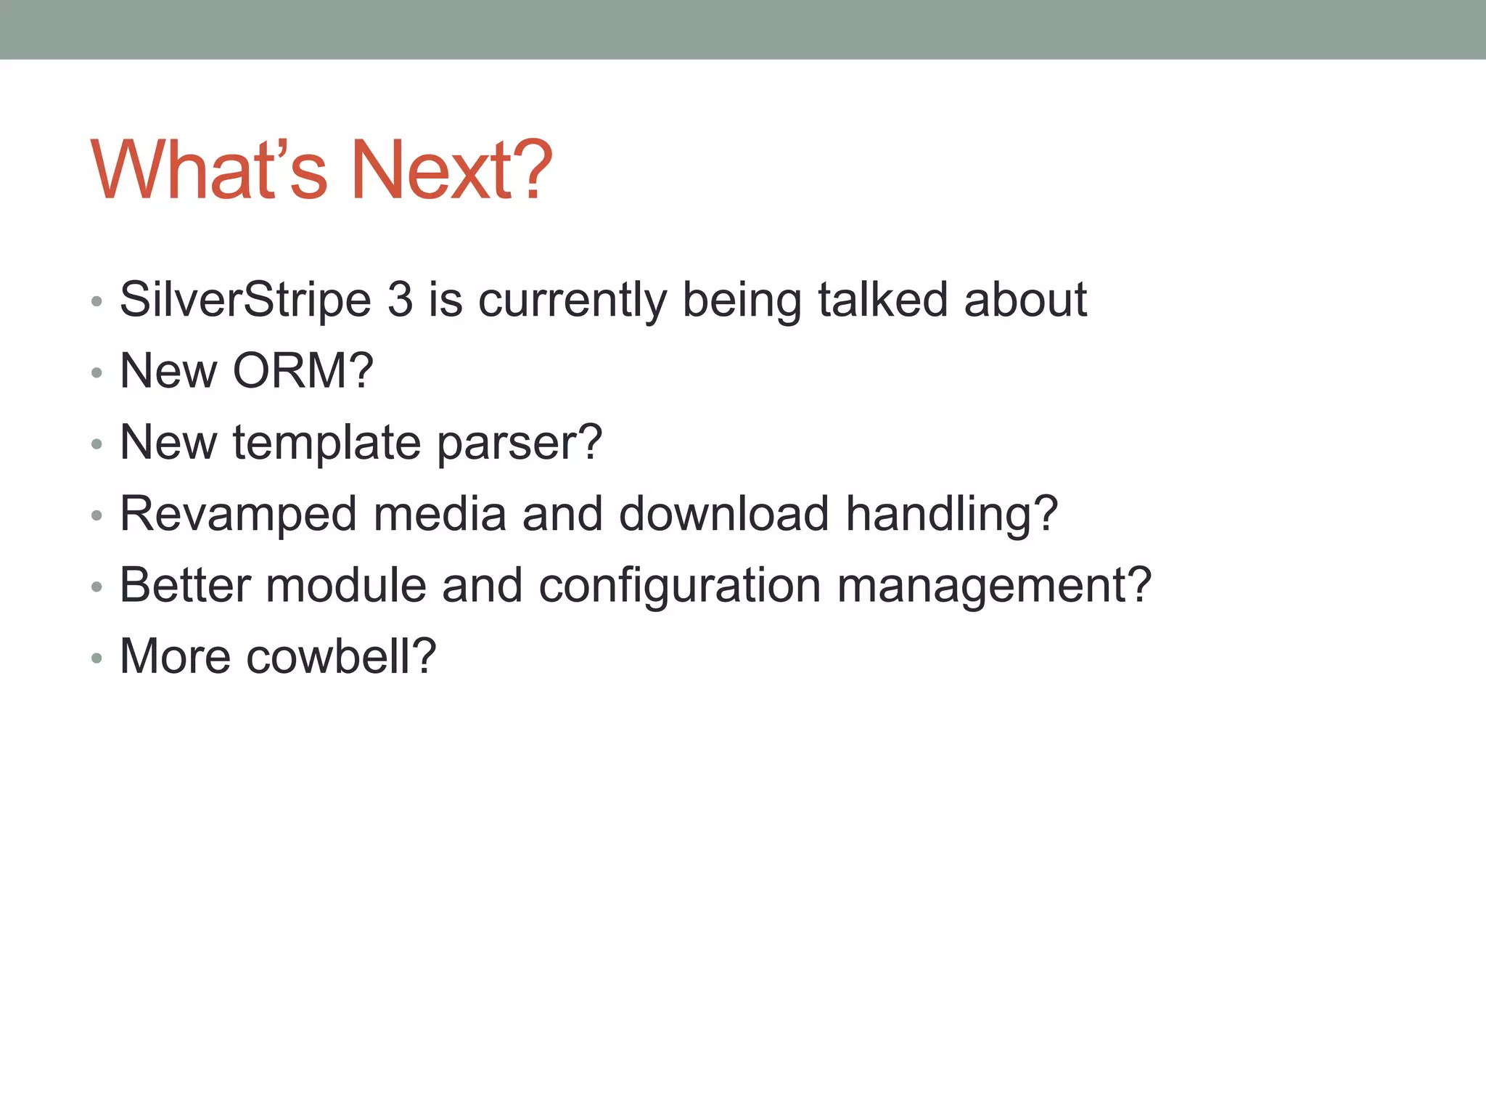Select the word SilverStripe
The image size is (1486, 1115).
pos(245,300)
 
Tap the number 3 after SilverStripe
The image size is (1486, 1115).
pos(400,300)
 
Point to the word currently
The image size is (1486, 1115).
pos(572,300)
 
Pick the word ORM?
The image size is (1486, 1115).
pos(303,371)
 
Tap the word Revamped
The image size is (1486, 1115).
pos(238,513)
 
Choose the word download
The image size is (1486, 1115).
pos(723,513)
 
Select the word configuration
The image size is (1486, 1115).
pos(679,585)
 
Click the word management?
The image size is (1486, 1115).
pos(994,585)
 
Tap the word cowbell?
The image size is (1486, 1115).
pos(341,656)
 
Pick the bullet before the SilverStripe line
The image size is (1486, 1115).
pos(97,302)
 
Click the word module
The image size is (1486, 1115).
pos(345,585)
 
